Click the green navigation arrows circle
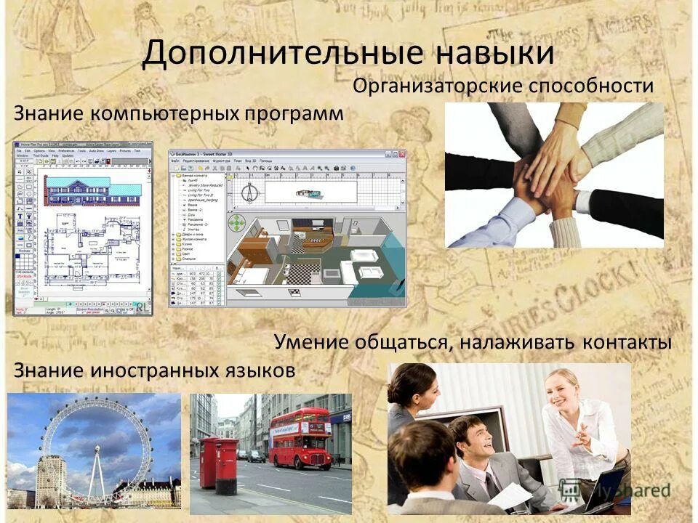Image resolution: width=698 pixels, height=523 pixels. point(238,222)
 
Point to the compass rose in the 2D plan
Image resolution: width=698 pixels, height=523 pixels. point(249,192)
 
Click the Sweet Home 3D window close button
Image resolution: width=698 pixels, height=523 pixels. point(401,154)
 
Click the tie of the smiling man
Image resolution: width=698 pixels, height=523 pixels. point(492,484)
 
